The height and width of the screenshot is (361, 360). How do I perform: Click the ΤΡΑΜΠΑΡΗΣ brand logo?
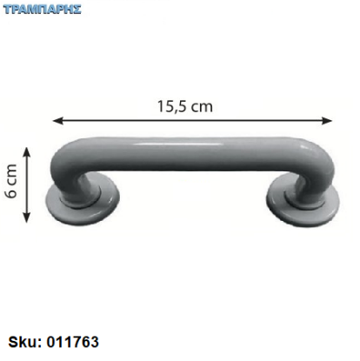coord(43,10)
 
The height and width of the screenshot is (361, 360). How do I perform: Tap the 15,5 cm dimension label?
coord(185,106)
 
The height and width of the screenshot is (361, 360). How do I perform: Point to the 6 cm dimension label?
coord(11,181)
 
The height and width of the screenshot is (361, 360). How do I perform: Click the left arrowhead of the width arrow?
coord(57,120)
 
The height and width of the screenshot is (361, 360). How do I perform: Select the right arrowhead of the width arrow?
coord(327,120)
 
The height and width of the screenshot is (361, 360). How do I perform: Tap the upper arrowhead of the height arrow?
coord(27,153)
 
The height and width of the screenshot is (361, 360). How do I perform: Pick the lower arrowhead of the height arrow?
coord(27,217)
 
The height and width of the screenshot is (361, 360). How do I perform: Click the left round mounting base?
coord(83,200)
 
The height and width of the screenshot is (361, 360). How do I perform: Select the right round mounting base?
coord(303,202)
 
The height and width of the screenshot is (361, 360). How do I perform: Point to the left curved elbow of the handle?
coord(63,165)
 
